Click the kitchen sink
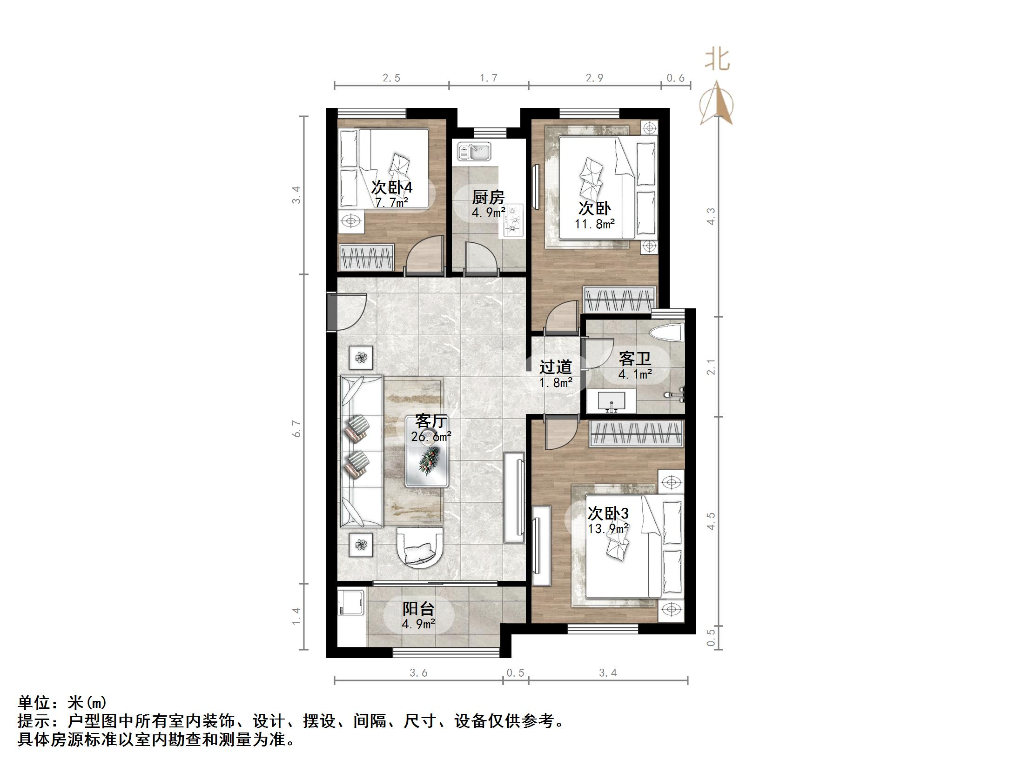(474, 151)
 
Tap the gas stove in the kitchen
(512, 221)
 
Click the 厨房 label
(488, 197)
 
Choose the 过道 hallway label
(555, 367)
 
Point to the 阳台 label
(418, 608)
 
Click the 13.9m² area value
(608, 529)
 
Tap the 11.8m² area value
(594, 224)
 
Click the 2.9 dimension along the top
(594, 78)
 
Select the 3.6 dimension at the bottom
(418, 673)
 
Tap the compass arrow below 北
(717, 103)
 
